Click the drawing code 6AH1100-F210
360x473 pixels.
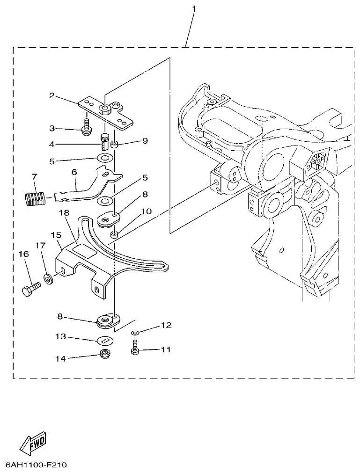[37, 466]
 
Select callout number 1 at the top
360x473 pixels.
[194, 9]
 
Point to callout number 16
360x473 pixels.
[23, 254]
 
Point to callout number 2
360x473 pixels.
[52, 96]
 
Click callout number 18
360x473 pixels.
[64, 213]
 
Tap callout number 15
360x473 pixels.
[56, 233]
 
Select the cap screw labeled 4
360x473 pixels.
[104, 140]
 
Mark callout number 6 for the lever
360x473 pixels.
[74, 173]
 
